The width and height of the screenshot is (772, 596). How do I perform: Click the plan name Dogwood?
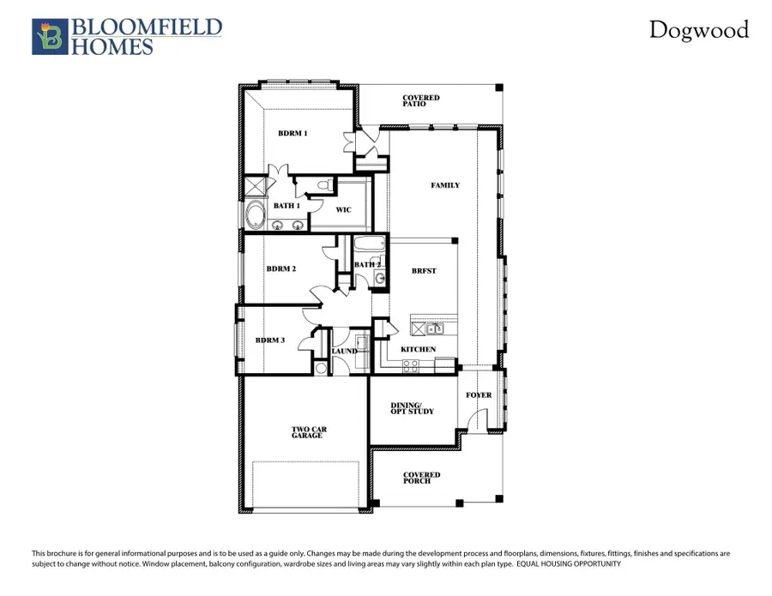pos(697,30)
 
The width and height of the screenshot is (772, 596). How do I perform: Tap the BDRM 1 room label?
pos(293,134)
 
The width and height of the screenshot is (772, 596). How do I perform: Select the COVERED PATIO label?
pos(420,101)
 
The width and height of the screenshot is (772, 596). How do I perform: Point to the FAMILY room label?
pos(445,185)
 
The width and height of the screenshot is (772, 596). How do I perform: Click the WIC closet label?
pos(343,208)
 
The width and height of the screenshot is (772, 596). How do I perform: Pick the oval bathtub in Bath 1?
pos(255,214)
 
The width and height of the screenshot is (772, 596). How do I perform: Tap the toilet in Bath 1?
pos(324,184)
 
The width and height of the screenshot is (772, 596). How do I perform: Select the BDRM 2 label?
pos(280,268)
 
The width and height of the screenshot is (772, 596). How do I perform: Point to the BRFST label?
pos(424,271)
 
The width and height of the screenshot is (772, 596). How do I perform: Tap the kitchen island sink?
pos(435,328)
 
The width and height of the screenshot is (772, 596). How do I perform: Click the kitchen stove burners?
pos(411,364)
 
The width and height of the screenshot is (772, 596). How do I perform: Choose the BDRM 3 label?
pos(270,340)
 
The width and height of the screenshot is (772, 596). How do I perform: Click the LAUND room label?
pos(345,351)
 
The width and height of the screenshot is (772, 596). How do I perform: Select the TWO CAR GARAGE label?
pos(307,433)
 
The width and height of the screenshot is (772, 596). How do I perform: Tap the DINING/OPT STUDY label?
pos(413,408)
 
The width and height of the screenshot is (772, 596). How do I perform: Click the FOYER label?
pos(479,395)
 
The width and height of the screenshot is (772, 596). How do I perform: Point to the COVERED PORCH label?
pos(422,478)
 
